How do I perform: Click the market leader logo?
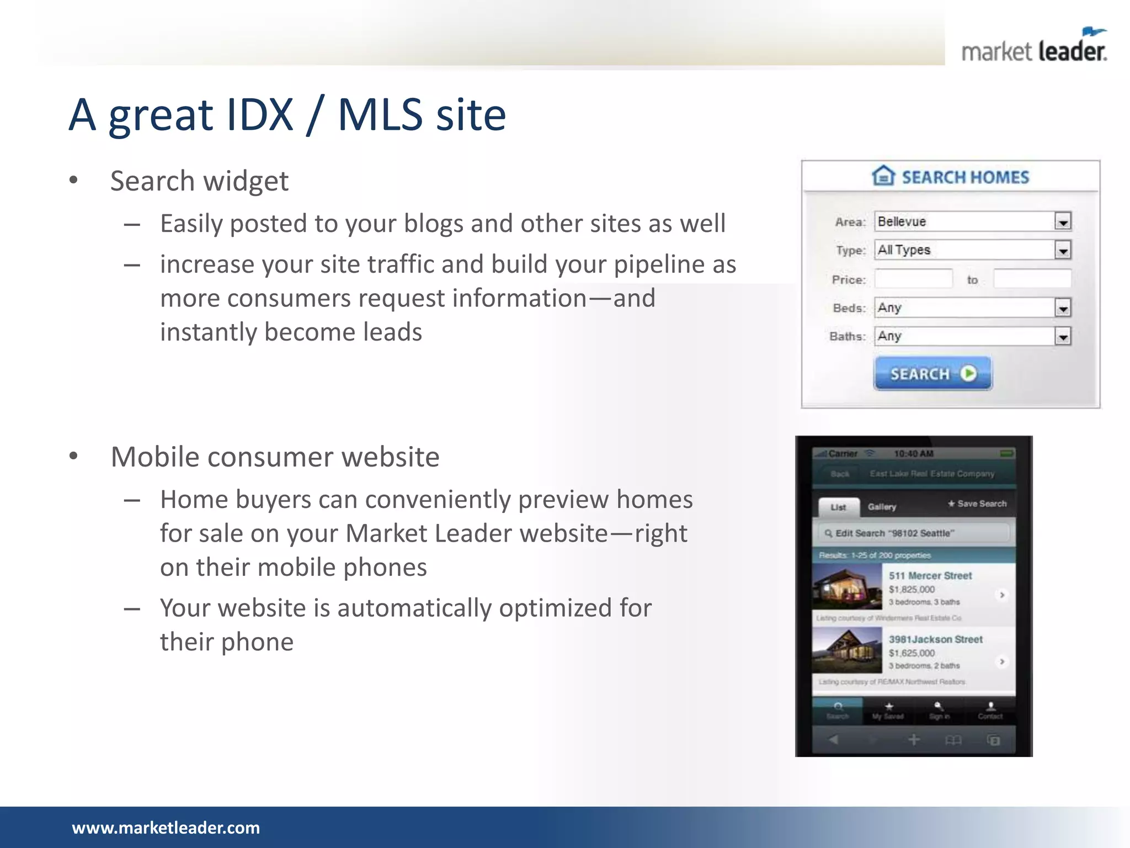(1034, 47)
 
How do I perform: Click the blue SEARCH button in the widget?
(932, 374)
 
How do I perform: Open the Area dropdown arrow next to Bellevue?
(1063, 222)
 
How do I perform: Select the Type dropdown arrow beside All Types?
(1063, 251)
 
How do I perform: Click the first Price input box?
(914, 279)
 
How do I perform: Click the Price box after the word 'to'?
(1032, 279)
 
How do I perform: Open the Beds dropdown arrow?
(1063, 308)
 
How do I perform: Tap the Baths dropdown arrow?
(1063, 337)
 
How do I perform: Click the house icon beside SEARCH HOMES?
(883, 176)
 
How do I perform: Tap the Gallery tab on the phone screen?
(882, 507)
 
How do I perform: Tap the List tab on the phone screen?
(838, 507)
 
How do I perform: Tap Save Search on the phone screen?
(977, 504)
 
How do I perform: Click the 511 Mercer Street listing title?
(930, 576)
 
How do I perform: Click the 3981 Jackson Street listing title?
(936, 639)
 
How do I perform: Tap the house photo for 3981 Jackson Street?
(847, 650)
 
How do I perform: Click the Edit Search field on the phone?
(913, 533)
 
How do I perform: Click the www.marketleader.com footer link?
(166, 828)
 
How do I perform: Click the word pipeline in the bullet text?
(659, 264)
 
